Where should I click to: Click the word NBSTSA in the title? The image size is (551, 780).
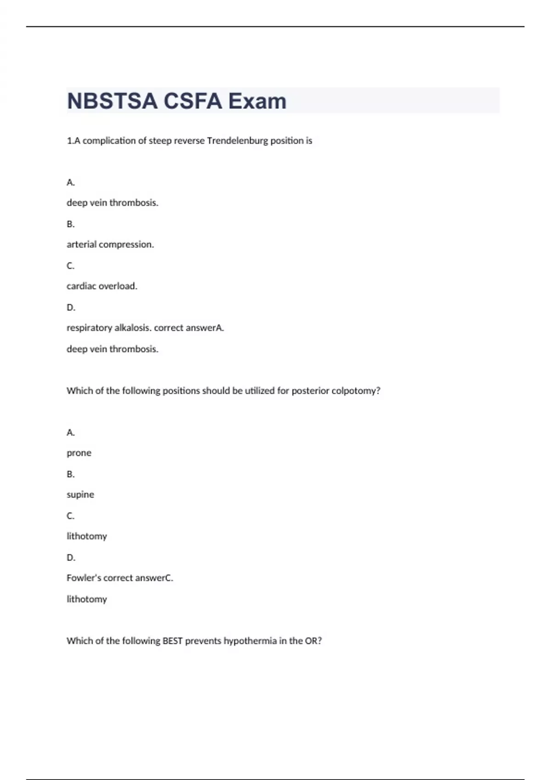pos(112,101)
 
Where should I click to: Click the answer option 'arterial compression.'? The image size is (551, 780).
pos(110,244)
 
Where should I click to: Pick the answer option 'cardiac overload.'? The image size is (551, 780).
pos(102,286)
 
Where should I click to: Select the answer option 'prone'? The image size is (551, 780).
pos(79,453)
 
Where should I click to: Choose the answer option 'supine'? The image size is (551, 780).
pos(80,494)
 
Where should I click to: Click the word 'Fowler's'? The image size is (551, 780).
pos(84,578)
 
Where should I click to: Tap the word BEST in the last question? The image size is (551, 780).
pos(173,641)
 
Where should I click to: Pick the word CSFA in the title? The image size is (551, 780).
pos(193,101)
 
